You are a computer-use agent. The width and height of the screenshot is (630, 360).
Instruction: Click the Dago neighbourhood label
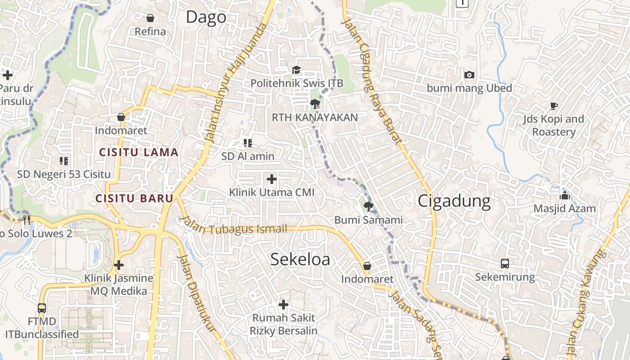[x=206, y=17]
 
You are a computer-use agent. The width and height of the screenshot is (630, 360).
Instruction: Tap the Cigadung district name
[x=454, y=201]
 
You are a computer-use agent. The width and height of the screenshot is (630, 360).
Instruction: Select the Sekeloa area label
[x=300, y=259]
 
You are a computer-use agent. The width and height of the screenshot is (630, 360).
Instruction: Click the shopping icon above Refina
[x=150, y=18]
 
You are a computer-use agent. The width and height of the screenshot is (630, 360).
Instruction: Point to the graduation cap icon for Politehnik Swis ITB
[x=296, y=70]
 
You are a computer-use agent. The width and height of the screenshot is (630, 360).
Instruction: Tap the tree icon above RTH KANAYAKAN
[x=315, y=104]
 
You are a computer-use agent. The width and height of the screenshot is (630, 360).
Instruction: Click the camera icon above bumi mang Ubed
[x=469, y=75]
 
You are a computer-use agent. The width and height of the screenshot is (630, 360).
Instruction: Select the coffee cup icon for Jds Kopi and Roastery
[x=553, y=106]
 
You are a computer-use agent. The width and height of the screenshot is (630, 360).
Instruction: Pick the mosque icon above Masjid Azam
[x=564, y=195]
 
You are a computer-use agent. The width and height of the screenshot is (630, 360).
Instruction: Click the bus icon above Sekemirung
[x=505, y=264]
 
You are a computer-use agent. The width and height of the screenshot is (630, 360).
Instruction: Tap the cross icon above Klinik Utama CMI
[x=272, y=179]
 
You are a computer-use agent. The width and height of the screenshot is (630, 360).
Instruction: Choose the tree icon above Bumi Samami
[x=368, y=207]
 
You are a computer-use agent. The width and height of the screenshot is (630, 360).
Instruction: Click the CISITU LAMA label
[x=139, y=153]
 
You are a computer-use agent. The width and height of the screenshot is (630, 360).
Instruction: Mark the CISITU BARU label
[x=134, y=198]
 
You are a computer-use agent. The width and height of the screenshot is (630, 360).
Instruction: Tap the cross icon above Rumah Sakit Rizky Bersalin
[x=283, y=305]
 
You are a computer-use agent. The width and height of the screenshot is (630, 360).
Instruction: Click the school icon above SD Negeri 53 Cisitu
[x=63, y=161]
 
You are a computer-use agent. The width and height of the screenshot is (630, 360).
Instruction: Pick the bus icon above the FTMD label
[x=42, y=308]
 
